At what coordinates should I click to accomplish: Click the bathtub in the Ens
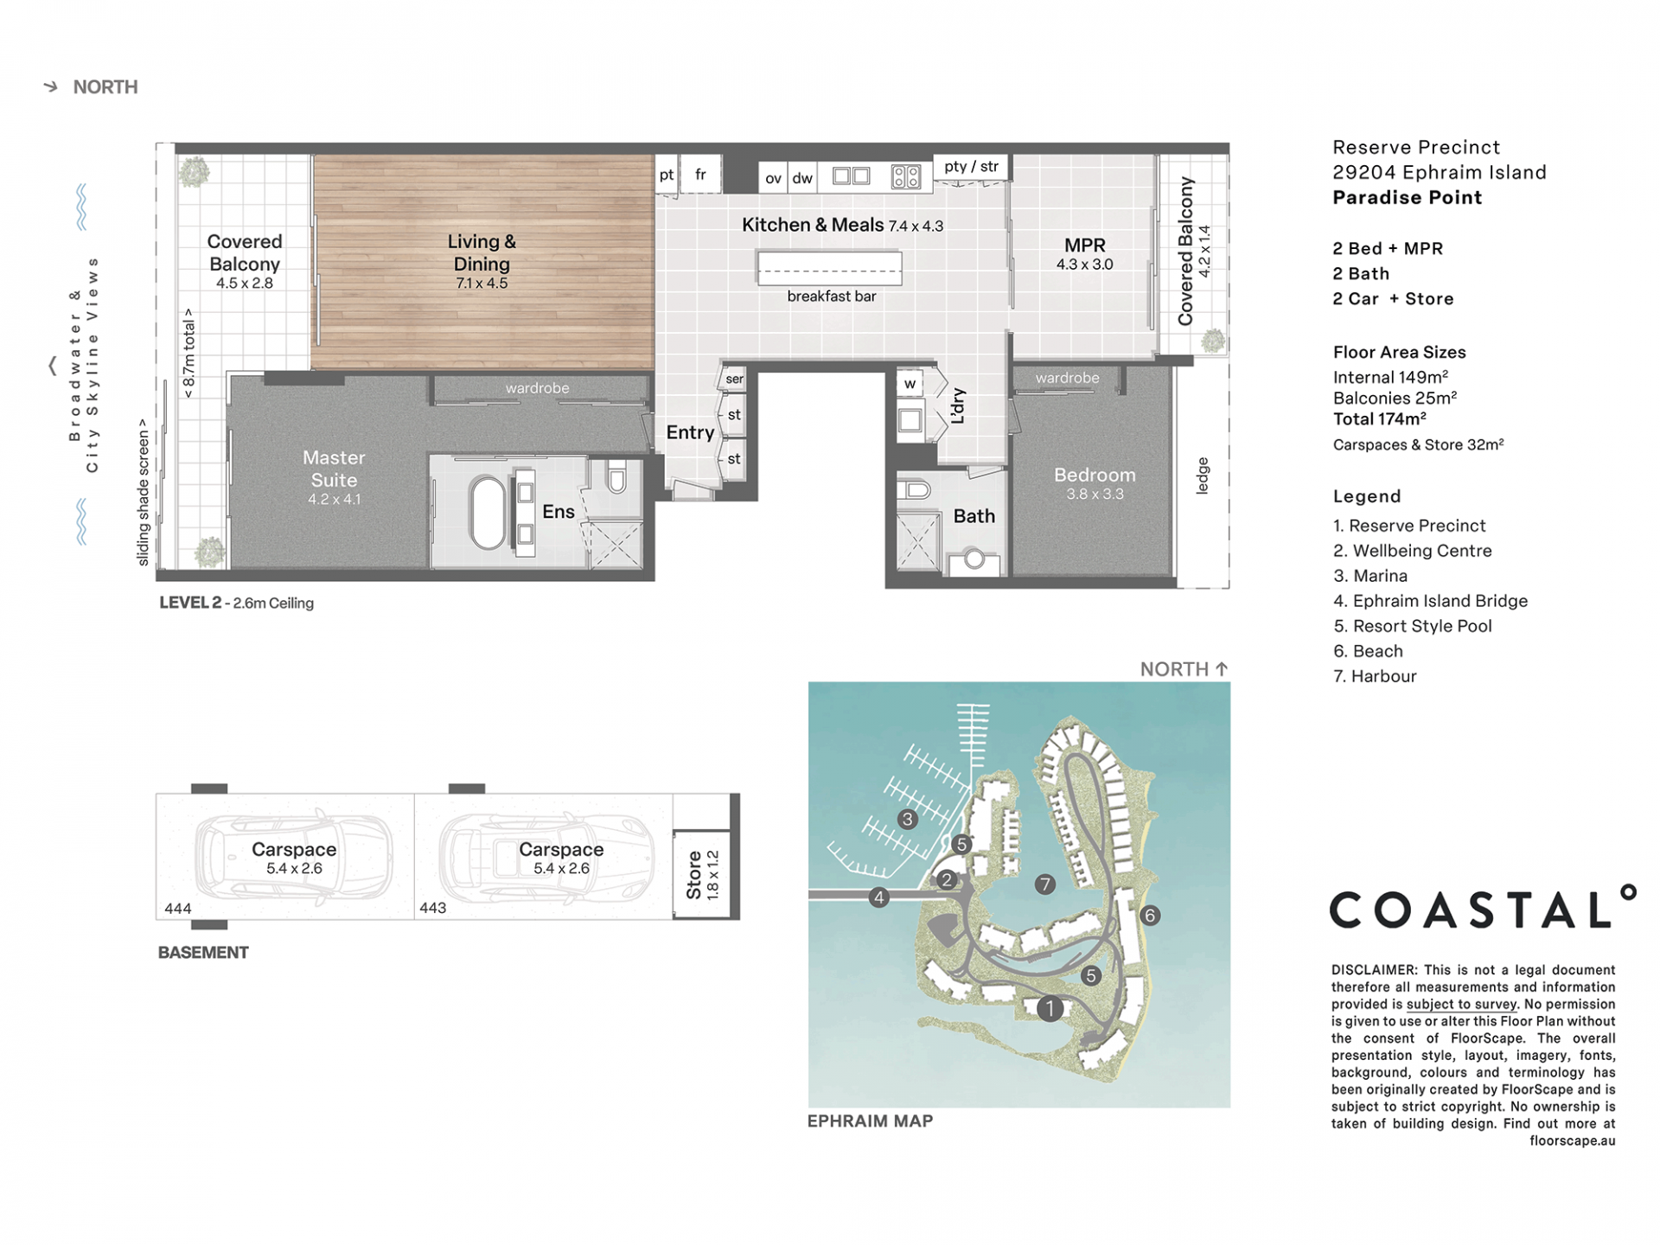pos(488,513)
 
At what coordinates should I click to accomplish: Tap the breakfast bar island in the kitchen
pos(829,267)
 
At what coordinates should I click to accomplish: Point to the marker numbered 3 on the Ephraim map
pos(907,819)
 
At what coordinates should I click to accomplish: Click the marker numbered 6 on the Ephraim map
pos(1150,916)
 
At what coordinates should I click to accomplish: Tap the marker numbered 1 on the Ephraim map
pos(1050,1008)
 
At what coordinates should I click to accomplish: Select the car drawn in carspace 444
pos(294,856)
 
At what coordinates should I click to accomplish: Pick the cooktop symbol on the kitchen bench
pos(905,177)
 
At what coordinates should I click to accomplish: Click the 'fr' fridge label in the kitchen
pos(700,175)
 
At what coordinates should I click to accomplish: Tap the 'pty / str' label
pos(971,166)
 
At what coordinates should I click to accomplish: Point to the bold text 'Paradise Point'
pos(1408,197)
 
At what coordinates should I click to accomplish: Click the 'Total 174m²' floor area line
pos(1380,419)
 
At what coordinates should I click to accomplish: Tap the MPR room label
pos(1084,246)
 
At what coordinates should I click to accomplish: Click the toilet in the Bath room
pos(914,490)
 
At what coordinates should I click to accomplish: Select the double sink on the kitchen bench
pos(851,176)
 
